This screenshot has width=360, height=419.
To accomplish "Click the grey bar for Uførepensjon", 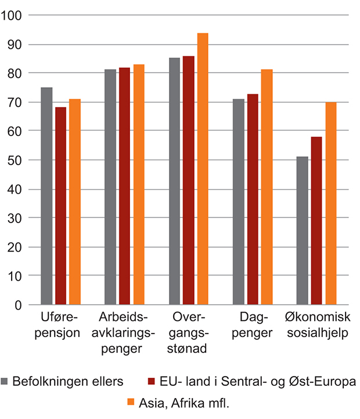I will (47, 196).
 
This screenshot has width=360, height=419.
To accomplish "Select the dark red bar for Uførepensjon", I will (61, 206).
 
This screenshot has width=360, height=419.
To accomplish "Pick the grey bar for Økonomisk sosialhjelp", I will (302, 230).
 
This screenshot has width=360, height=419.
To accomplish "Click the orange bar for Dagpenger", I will (267, 187).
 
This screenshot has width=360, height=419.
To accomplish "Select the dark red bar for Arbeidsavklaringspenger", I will (125, 186).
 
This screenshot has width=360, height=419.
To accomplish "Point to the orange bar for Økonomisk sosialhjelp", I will (330, 203).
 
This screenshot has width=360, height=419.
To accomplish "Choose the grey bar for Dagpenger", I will (238, 202).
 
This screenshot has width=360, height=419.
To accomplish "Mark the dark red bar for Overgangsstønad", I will (189, 180).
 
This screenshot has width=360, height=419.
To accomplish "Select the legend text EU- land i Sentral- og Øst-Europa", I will (255, 381).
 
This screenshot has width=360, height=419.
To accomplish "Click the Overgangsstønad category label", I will (189, 334).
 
